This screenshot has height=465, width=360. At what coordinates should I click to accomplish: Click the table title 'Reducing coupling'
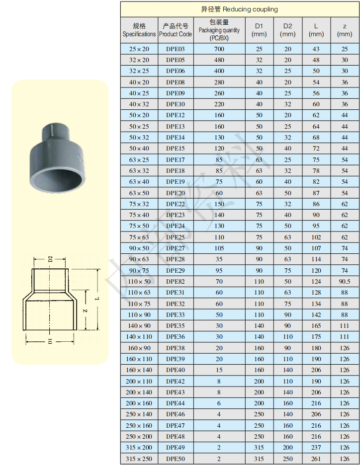[x=250, y=9]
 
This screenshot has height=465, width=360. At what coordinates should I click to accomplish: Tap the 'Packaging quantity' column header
[x=219, y=30]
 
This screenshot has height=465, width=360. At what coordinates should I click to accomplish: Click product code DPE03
[x=176, y=49]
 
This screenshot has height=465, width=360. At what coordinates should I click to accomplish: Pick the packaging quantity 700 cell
[x=219, y=49]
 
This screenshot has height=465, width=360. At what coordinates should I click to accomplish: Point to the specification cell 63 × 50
[x=139, y=193]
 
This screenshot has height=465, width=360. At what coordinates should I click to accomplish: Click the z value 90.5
[x=345, y=281]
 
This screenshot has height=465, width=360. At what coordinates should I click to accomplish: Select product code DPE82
[x=176, y=281]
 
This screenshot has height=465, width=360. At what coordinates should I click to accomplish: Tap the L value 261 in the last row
[x=316, y=459]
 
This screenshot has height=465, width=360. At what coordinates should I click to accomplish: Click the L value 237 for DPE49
[x=316, y=448]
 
